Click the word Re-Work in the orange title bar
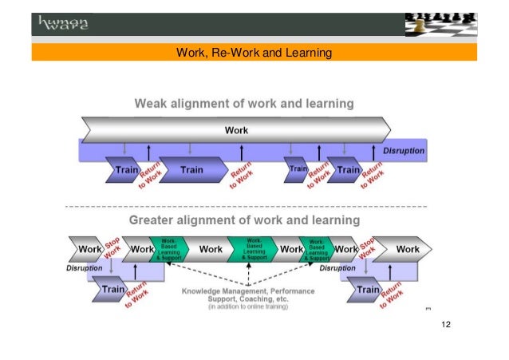tap(236, 53)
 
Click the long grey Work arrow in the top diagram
tap(236, 129)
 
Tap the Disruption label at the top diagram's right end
tap(404, 150)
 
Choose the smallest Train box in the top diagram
tap(296, 169)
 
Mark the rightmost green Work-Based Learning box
tap(317, 250)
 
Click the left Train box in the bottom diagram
tap(112, 290)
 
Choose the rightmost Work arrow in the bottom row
tap(407, 250)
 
